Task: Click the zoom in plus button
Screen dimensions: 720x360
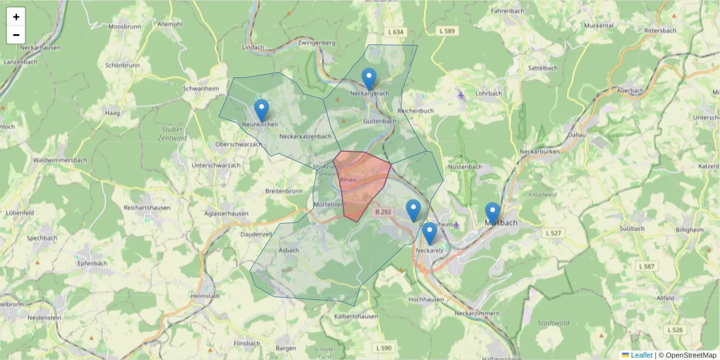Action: pos(16,17)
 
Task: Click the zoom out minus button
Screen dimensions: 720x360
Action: pos(16,35)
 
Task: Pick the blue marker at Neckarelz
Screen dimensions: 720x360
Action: pos(429,233)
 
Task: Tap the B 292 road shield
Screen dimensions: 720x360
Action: pos(383,212)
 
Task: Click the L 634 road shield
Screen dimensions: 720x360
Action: pos(396,31)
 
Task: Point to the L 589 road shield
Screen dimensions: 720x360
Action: pos(447,31)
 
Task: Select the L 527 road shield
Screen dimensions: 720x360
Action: pos(554,232)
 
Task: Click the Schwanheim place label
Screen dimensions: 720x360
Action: pos(200,88)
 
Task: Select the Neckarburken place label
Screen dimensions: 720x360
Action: pos(540,152)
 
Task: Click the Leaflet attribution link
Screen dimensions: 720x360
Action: pos(641,355)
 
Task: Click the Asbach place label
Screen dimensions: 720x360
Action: pos(289,251)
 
